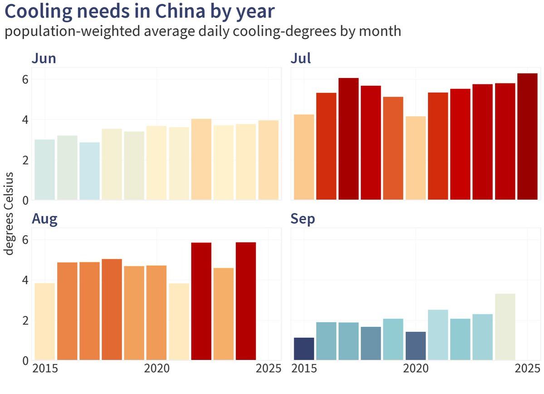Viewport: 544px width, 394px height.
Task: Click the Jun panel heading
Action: click(x=44, y=59)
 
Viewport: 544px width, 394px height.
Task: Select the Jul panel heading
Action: click(x=300, y=59)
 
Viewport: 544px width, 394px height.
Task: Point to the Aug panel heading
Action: click(x=44, y=219)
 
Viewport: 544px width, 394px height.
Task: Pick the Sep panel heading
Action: click(x=303, y=219)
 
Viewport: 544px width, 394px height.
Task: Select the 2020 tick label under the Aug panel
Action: click(x=157, y=368)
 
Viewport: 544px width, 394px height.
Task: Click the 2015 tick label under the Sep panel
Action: click(x=304, y=368)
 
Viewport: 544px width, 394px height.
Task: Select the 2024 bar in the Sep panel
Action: click(x=505, y=327)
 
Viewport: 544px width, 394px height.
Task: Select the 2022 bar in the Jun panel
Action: click(x=201, y=159)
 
